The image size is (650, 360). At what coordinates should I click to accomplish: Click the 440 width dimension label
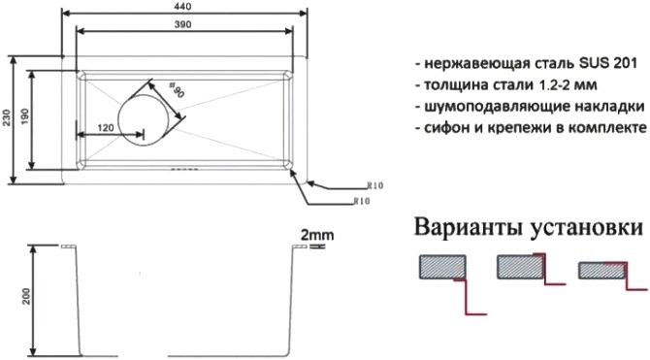click(182, 6)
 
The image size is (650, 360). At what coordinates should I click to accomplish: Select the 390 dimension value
click(182, 24)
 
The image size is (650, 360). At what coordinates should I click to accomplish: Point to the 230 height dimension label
click(6, 118)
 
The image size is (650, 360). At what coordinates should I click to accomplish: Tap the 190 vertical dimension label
click(24, 117)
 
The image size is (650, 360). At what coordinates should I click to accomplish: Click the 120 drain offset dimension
click(106, 128)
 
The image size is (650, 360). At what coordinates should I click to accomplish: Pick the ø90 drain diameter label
click(177, 90)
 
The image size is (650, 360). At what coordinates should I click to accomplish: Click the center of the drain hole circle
click(143, 120)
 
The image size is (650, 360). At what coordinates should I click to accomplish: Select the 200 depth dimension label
click(27, 296)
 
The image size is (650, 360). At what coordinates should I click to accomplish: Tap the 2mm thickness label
click(316, 235)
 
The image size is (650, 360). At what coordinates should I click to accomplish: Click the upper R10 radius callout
click(375, 185)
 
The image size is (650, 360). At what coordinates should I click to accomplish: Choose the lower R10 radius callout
click(362, 201)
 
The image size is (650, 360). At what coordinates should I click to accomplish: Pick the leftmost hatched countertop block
click(442, 267)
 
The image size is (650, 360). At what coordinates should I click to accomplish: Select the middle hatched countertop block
click(520, 267)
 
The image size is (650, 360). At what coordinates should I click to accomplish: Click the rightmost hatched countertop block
click(601, 271)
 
